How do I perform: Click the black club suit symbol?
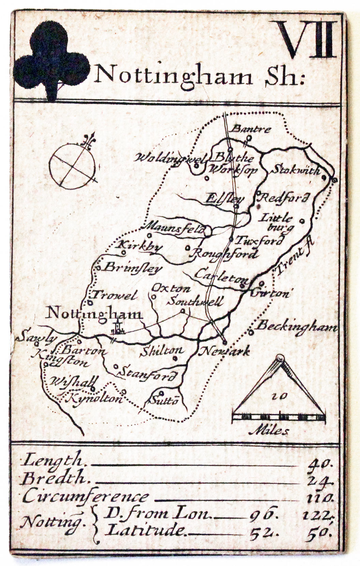tap(51, 60)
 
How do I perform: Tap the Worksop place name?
tap(233, 169)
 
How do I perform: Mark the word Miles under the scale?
tap(269, 431)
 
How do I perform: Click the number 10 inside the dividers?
tap(280, 396)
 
